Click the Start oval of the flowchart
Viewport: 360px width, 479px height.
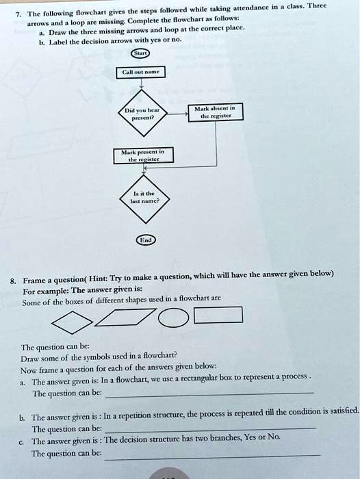pos(141,53)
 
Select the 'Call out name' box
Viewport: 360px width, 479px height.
pos(140,72)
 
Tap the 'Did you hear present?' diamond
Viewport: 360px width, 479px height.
pos(142,113)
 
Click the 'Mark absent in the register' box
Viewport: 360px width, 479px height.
pos(216,112)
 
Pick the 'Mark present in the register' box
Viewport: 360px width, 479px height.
pos(143,155)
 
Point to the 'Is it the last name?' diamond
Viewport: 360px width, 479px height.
pos(144,198)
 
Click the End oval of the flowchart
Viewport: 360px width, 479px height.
pos(146,240)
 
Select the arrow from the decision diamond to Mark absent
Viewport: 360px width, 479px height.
pos(177,114)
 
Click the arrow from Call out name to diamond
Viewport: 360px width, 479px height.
pos(141,84)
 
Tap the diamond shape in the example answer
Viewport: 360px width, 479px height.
pos(72,322)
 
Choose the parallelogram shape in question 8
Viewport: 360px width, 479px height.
pos(125,318)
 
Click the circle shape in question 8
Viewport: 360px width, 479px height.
pos(173,318)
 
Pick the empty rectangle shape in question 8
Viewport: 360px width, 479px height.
pos(218,315)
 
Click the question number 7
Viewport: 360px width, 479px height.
pos(18,14)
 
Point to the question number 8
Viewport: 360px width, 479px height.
pos(12,281)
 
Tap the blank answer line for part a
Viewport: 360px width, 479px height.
pos(209,395)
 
